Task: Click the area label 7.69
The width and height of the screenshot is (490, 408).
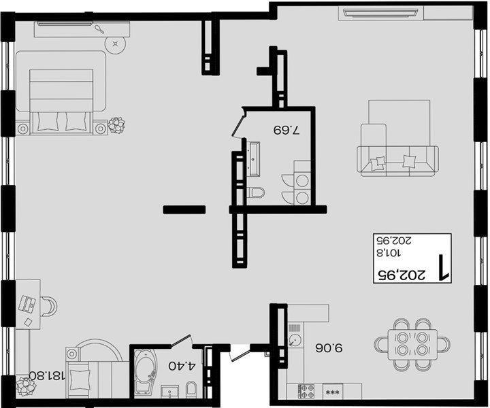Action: pyautogui.click(x=287, y=129)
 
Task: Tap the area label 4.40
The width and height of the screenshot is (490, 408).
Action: pyautogui.click(x=182, y=366)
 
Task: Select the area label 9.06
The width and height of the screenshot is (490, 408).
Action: pyautogui.click(x=329, y=347)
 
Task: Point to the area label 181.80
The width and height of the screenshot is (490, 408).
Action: pyautogui.click(x=47, y=375)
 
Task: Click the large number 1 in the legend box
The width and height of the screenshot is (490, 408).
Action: pyautogui.click(x=443, y=267)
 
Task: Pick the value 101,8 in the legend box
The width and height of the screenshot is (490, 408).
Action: pyautogui.click(x=389, y=252)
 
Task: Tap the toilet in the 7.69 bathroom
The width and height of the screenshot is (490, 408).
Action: pyautogui.click(x=256, y=192)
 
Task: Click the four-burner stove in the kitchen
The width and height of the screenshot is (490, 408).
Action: pyautogui.click(x=306, y=391)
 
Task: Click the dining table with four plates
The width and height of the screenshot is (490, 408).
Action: pyautogui.click(x=412, y=344)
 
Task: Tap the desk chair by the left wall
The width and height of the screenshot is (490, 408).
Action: pyautogui.click(x=49, y=306)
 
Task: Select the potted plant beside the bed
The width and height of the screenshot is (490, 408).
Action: pyautogui.click(x=116, y=125)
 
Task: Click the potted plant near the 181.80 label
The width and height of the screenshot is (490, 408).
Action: pyautogui.click(x=27, y=386)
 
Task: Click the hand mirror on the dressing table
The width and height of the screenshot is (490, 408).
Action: pyautogui.click(x=99, y=29)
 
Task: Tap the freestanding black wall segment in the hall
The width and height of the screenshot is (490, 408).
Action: pyautogui.click(x=184, y=209)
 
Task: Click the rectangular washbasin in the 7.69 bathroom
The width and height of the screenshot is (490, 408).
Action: pyautogui.click(x=253, y=158)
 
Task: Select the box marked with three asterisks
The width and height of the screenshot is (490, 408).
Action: pyautogui.click(x=333, y=392)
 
